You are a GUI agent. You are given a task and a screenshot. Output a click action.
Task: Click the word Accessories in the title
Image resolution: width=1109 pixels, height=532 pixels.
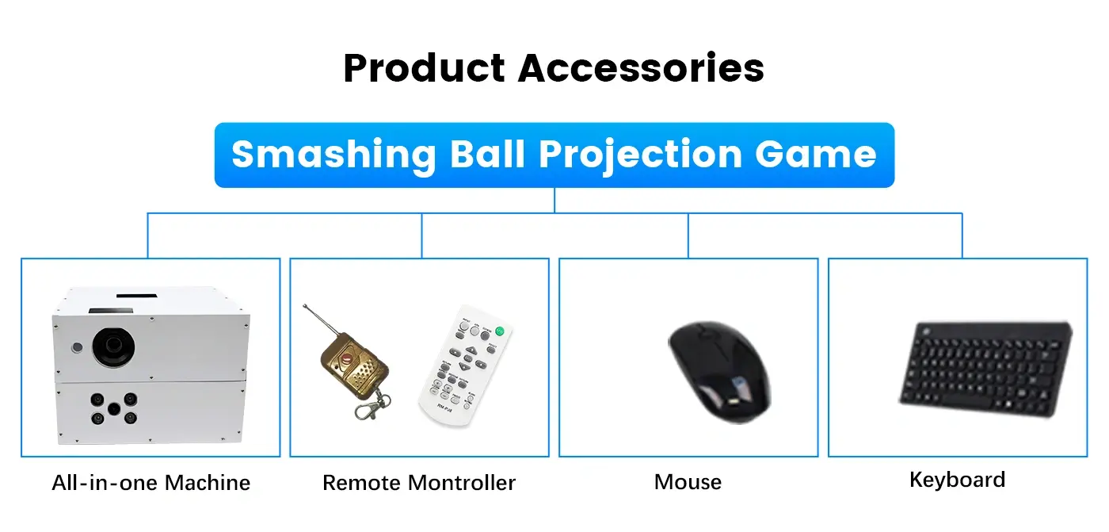click(641, 68)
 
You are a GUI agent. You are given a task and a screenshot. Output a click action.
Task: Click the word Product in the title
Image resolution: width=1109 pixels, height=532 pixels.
click(425, 68)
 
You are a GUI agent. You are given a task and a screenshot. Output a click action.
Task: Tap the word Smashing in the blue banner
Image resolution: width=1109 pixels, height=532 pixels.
click(333, 155)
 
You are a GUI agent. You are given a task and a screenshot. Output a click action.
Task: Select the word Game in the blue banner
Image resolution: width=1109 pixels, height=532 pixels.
click(815, 155)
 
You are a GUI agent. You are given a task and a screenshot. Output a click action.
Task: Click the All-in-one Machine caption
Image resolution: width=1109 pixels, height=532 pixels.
click(151, 483)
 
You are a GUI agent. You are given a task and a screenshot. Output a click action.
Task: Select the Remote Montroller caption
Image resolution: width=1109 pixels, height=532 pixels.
click(419, 483)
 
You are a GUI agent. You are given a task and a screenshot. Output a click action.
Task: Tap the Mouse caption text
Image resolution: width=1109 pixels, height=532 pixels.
click(688, 482)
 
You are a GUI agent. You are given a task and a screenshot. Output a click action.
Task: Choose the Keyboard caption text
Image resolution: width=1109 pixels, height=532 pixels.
click(957, 480)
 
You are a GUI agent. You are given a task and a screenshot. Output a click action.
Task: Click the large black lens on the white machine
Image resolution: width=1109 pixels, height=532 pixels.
click(113, 346)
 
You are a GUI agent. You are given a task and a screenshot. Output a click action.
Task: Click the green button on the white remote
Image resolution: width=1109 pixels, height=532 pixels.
click(500, 331)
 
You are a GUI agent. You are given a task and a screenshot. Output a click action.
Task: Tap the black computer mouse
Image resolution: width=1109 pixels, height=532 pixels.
click(719, 372)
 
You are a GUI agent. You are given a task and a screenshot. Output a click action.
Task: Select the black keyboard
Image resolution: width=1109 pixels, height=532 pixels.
click(985, 368)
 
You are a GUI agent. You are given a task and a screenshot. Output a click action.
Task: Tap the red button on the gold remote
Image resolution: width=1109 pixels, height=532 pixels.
click(347, 357)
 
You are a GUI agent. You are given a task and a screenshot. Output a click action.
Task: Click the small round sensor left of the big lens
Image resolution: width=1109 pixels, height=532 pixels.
click(77, 347)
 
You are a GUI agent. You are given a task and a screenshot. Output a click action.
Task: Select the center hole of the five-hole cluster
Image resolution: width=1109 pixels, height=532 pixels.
click(114, 408)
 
